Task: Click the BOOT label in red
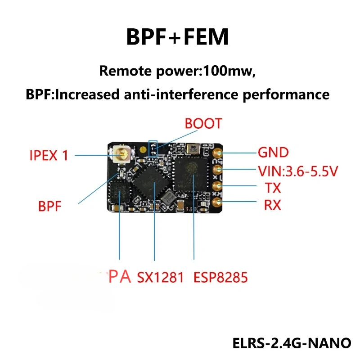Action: tap(203, 124)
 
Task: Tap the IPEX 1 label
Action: tap(49, 156)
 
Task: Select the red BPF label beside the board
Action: tap(49, 207)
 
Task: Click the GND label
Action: tap(273, 153)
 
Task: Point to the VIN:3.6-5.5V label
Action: tap(298, 171)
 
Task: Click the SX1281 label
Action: tap(160, 277)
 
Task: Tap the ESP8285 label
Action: tap(220, 277)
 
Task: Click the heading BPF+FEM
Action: tap(177, 37)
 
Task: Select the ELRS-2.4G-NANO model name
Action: tap(291, 343)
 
